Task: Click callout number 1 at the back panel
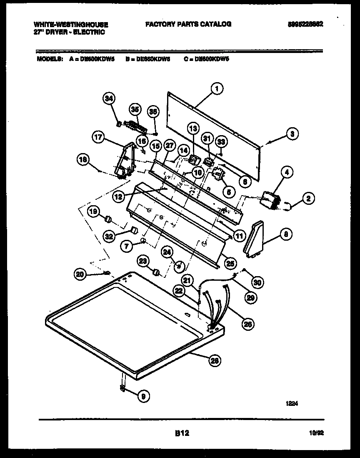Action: pyautogui.click(x=217, y=88)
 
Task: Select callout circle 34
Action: pyautogui.click(x=109, y=99)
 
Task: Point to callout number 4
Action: pyautogui.click(x=287, y=171)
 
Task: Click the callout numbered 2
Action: pyautogui.click(x=308, y=199)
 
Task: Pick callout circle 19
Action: pyautogui.click(x=94, y=212)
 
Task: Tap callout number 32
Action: pyautogui.click(x=109, y=237)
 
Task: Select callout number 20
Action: pyautogui.click(x=81, y=274)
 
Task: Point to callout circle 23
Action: pyautogui.click(x=143, y=261)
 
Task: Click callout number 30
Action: pyautogui.click(x=257, y=282)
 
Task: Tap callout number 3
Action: pyautogui.click(x=292, y=134)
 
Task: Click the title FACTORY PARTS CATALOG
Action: pyautogui.click(x=188, y=24)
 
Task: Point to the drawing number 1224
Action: pyautogui.click(x=292, y=403)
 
